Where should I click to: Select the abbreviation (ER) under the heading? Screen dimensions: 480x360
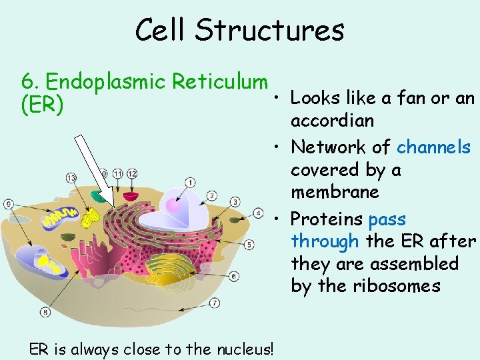pyautogui.click(x=43, y=105)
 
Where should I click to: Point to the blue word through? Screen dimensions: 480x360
pyautogui.click(x=325, y=241)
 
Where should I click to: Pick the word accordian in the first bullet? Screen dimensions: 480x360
pyautogui.click(x=332, y=121)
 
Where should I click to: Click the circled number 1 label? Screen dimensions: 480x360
pyautogui.click(x=191, y=182)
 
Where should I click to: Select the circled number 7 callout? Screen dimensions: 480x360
pyautogui.click(x=215, y=303)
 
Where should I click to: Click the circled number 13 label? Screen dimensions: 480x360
pyautogui.click(x=71, y=177)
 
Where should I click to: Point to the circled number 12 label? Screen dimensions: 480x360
pyautogui.click(x=132, y=173)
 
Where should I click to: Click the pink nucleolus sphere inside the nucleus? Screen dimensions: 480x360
pyautogui.click(x=174, y=205)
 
